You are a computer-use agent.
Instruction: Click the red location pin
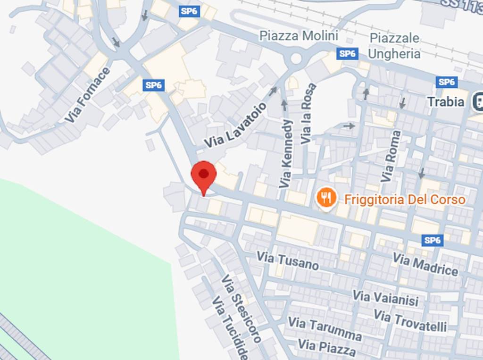(x=203, y=176)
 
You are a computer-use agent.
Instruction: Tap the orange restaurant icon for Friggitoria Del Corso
(x=326, y=198)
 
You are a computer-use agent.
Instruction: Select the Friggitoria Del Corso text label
(x=405, y=199)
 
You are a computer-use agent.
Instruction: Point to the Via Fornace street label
(x=87, y=95)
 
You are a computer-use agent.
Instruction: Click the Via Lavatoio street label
(x=235, y=125)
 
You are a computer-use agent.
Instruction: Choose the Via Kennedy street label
(x=286, y=153)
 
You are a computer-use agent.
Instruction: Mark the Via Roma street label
(x=391, y=156)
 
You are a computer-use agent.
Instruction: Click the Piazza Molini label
(x=299, y=36)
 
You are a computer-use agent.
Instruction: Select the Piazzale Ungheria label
(x=394, y=46)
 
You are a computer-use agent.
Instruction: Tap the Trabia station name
(x=446, y=101)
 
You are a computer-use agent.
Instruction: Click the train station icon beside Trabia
(x=477, y=101)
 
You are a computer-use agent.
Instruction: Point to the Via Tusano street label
(x=287, y=260)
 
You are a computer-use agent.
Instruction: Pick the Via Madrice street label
(x=425, y=264)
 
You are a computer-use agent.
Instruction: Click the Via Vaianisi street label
(x=385, y=298)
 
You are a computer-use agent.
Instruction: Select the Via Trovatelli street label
(x=410, y=320)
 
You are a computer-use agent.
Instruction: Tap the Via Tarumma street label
(x=325, y=328)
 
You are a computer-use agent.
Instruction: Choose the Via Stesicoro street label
(x=241, y=309)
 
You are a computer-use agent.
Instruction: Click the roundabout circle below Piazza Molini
(x=296, y=59)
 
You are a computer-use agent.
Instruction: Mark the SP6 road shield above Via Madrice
(x=433, y=241)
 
